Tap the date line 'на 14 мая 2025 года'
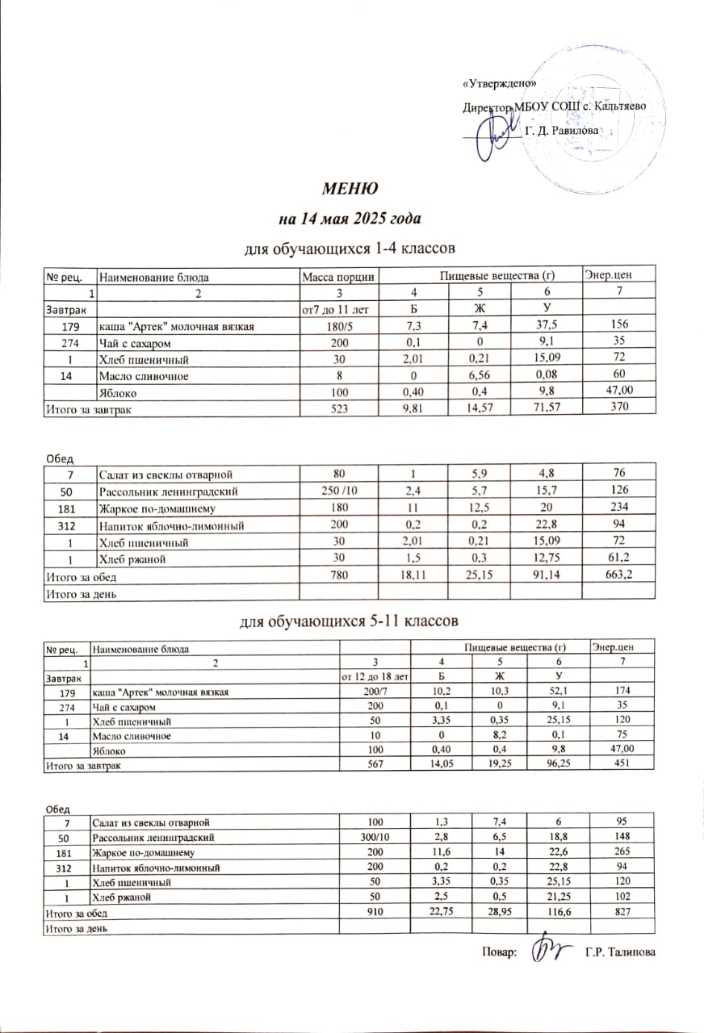(x=351, y=219)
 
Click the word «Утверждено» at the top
(x=501, y=85)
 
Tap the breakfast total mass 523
(x=338, y=410)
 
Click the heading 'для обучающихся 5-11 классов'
(x=351, y=621)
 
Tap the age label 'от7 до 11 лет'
(x=338, y=308)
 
